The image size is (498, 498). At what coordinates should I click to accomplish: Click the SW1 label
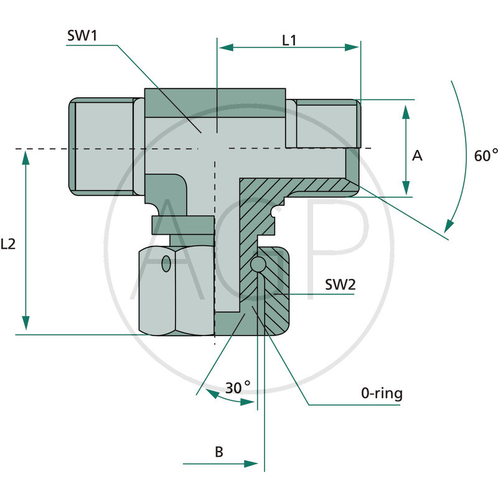(82, 35)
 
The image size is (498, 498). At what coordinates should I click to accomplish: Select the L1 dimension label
(289, 40)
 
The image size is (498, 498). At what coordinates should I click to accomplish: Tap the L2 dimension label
(9, 245)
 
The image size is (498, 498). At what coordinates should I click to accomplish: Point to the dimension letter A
(418, 156)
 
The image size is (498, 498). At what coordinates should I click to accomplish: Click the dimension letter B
(219, 451)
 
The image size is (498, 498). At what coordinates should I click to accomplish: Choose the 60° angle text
(486, 156)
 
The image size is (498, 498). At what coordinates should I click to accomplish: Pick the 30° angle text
(237, 387)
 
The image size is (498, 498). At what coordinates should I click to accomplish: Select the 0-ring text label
(382, 393)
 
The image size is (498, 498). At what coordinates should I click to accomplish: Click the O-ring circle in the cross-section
(258, 266)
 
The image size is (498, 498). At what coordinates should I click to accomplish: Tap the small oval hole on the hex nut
(166, 264)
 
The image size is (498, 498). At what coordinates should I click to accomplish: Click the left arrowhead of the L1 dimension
(223, 47)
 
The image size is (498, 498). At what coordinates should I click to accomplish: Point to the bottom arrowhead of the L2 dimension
(26, 324)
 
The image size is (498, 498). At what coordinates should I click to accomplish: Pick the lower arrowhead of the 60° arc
(449, 224)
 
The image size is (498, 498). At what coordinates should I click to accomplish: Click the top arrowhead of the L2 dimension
(26, 158)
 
